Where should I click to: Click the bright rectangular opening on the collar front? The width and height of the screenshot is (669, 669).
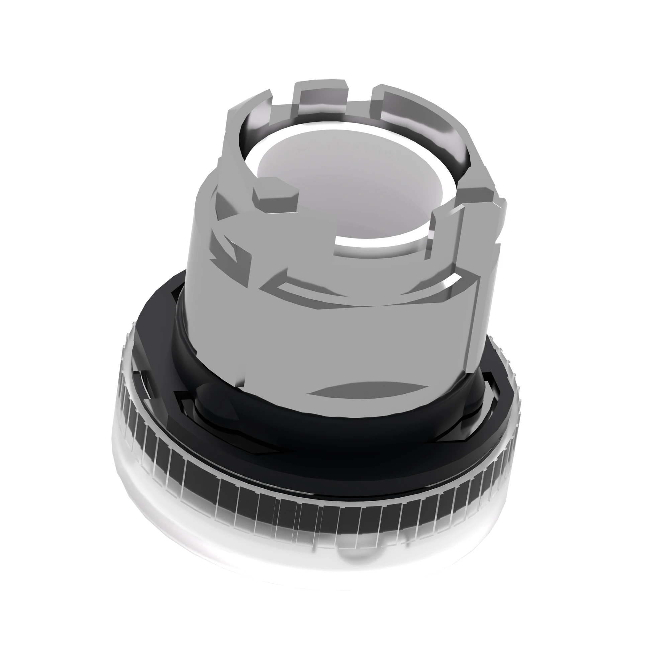(381, 243)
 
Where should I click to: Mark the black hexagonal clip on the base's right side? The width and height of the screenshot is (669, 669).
(492, 395)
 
